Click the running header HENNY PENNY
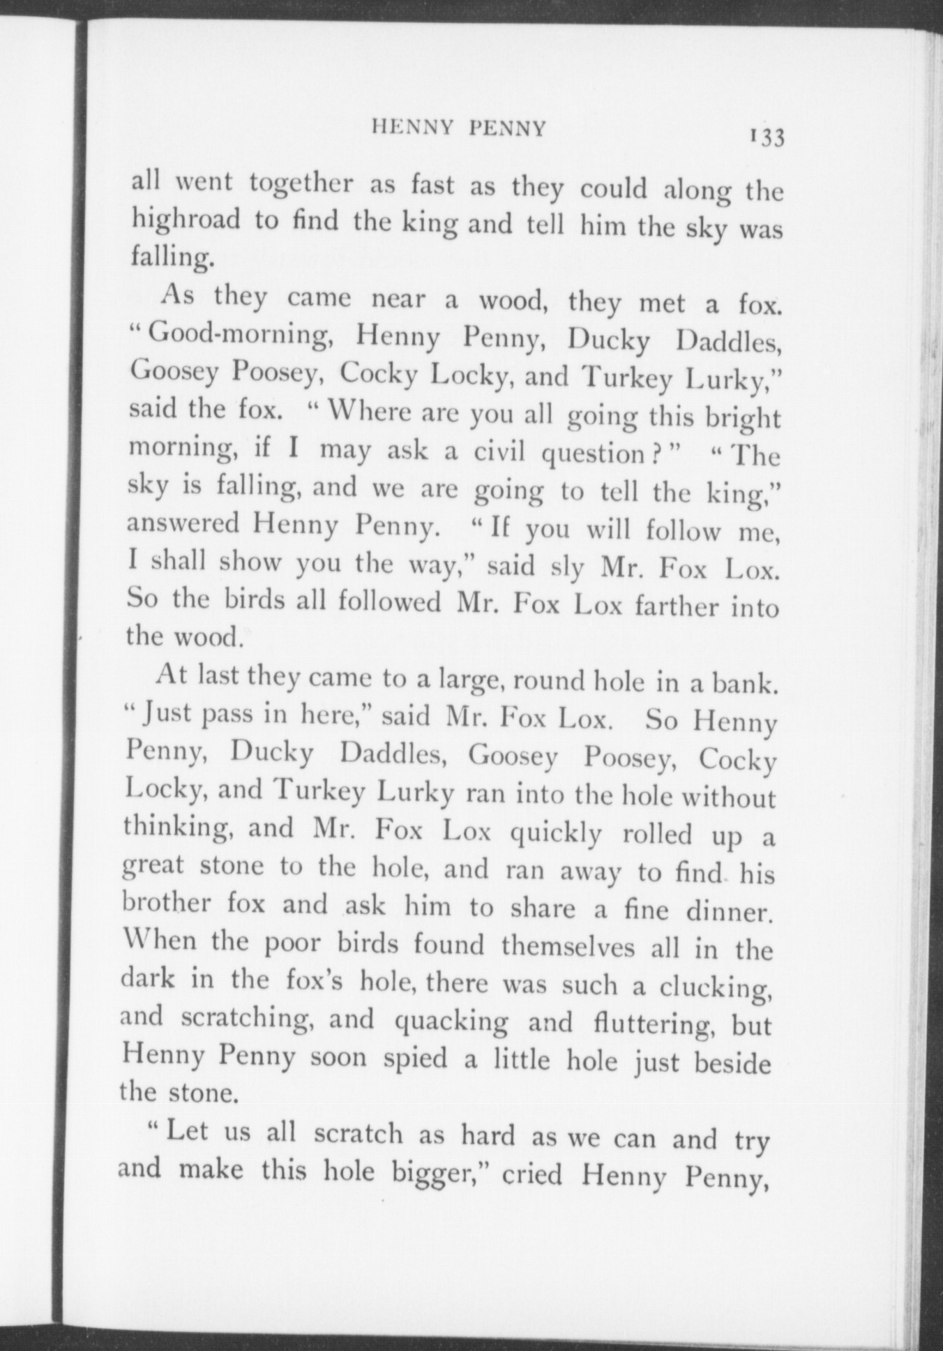pos(459,128)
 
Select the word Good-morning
pos(238,336)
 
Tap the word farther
pos(676,606)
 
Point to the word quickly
pos(555,833)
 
